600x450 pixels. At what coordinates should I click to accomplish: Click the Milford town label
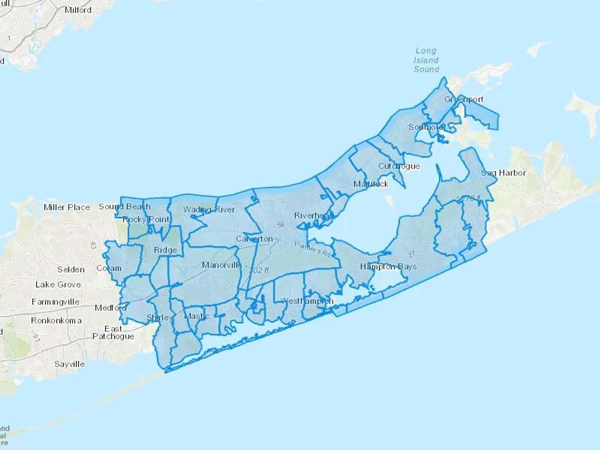point(78,10)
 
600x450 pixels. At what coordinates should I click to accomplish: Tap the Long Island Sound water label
point(426,60)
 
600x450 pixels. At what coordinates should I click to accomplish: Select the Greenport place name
point(464,99)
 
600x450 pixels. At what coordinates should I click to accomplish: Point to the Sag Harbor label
point(503,173)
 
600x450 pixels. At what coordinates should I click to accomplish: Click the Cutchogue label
point(399,166)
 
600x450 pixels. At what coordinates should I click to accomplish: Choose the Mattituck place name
point(371,184)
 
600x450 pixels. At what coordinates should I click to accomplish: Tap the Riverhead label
point(314,216)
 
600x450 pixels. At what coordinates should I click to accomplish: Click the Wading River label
point(209,210)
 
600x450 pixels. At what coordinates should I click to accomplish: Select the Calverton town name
point(254,239)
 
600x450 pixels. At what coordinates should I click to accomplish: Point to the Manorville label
point(222,265)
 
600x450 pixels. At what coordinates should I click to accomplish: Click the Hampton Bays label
point(388,267)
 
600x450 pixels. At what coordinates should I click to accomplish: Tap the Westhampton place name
point(307,301)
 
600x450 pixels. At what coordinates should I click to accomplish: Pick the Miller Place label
point(67,207)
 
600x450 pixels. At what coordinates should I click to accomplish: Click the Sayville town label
point(69,364)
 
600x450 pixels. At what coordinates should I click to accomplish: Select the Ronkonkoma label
point(56,321)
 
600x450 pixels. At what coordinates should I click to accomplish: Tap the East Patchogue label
point(113,333)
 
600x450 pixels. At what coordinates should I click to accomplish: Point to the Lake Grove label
point(58,285)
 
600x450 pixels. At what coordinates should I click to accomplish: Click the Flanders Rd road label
point(312,249)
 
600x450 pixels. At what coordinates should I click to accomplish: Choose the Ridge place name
point(165,250)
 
